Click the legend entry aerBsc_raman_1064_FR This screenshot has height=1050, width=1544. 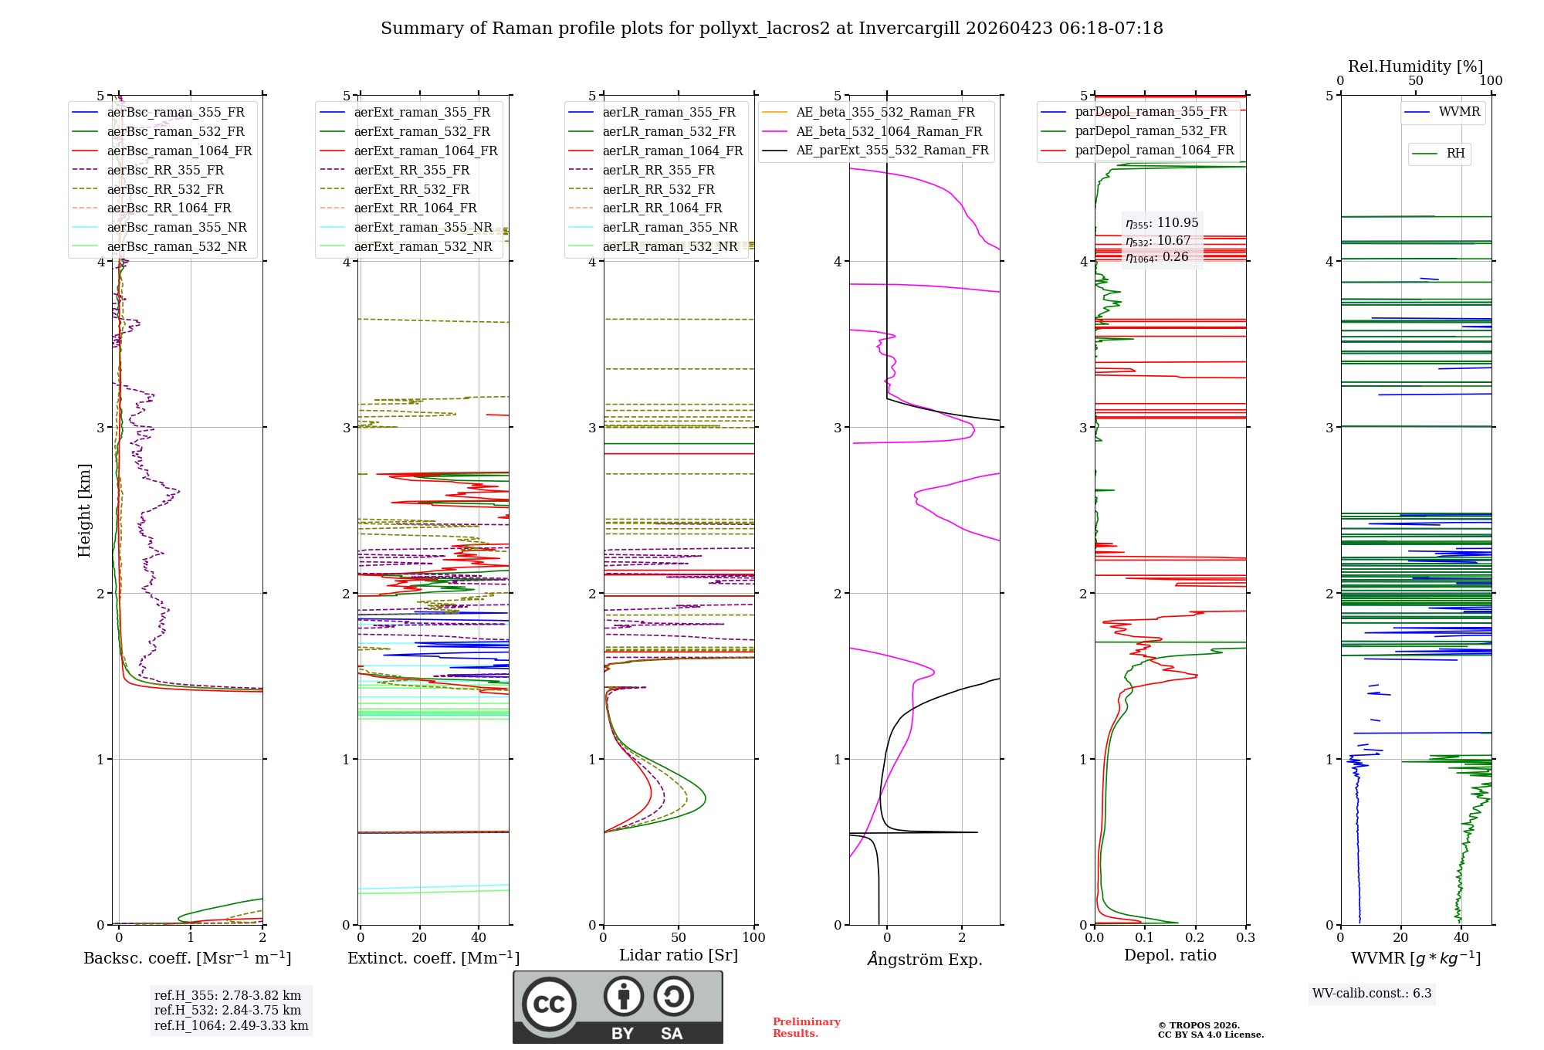click(179, 151)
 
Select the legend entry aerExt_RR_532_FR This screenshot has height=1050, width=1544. click(411, 189)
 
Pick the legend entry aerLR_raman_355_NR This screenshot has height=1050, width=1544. click(669, 227)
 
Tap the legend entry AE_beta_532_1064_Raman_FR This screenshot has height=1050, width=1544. click(889, 131)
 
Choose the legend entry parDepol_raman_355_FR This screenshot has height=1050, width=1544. click(1150, 112)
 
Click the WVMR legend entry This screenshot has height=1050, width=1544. click(1458, 112)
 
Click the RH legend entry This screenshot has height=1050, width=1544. click(1454, 154)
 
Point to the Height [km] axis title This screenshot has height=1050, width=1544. click(84, 510)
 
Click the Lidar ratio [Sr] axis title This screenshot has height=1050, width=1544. click(678, 955)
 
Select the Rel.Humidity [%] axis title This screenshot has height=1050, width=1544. click(1415, 66)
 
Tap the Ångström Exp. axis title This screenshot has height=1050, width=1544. click(924, 959)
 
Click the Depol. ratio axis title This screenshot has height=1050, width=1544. click(1170, 955)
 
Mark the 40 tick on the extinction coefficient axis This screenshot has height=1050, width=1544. click(479, 937)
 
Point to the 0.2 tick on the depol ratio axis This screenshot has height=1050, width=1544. click(1195, 937)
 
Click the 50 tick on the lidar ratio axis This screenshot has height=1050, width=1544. click(679, 937)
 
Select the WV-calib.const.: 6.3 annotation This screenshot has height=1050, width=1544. click(1371, 993)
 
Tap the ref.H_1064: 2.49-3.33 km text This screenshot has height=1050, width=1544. click(231, 1025)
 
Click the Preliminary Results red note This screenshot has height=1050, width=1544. click(806, 1027)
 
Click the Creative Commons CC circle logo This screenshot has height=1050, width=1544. click(549, 1004)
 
